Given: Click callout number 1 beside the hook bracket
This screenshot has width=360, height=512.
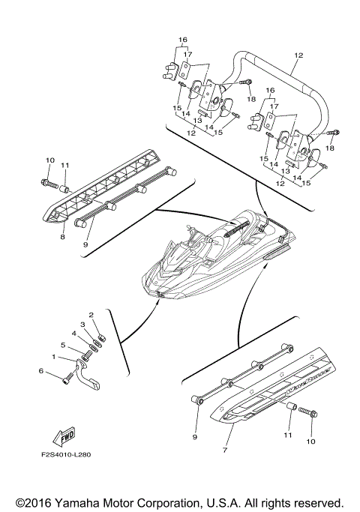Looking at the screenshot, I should [53, 357].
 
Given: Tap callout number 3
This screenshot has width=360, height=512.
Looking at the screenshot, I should [83, 324].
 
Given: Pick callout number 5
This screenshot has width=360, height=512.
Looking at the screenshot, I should [64, 346].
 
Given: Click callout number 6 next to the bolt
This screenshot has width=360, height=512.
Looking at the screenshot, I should [40, 370].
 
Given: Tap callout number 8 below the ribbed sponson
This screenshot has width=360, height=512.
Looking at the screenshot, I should [63, 237].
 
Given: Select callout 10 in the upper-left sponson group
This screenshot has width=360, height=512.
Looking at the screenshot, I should [50, 160].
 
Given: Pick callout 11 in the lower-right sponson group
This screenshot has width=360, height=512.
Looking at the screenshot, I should [288, 434].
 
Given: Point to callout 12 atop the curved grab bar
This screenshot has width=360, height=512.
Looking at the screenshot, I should [298, 56].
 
